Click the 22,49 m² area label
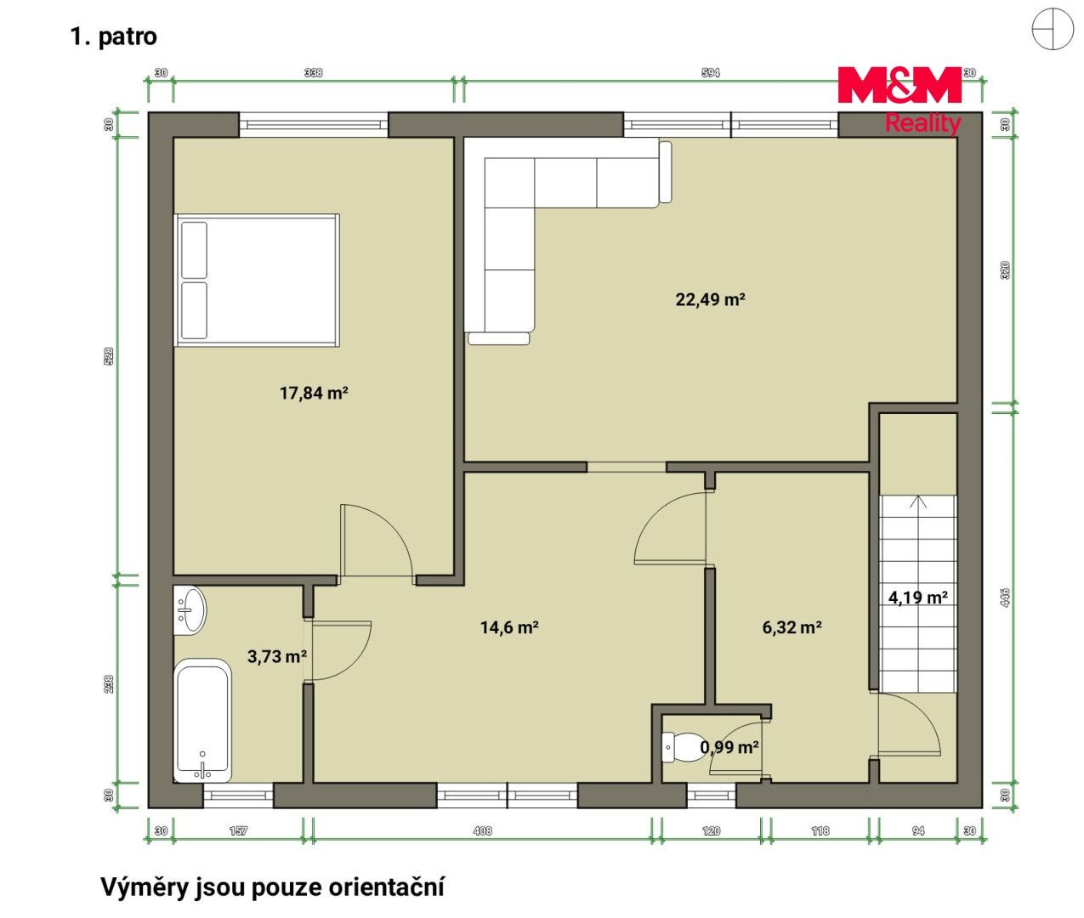point(710,299)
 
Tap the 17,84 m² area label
point(314,393)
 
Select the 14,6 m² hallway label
point(509,627)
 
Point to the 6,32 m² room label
point(792,627)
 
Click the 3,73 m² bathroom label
point(277,656)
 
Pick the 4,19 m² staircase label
point(917,598)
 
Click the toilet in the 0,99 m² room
point(682,748)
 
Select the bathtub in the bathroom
point(202,721)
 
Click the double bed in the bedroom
point(257,280)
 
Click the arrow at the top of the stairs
point(917,502)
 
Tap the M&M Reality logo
point(900,99)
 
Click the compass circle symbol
point(1053,29)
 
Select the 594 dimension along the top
point(711,73)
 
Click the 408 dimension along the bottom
point(482,831)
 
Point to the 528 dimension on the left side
point(109,356)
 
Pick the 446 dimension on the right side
point(1005,598)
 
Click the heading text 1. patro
point(113,37)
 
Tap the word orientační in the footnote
point(386,887)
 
